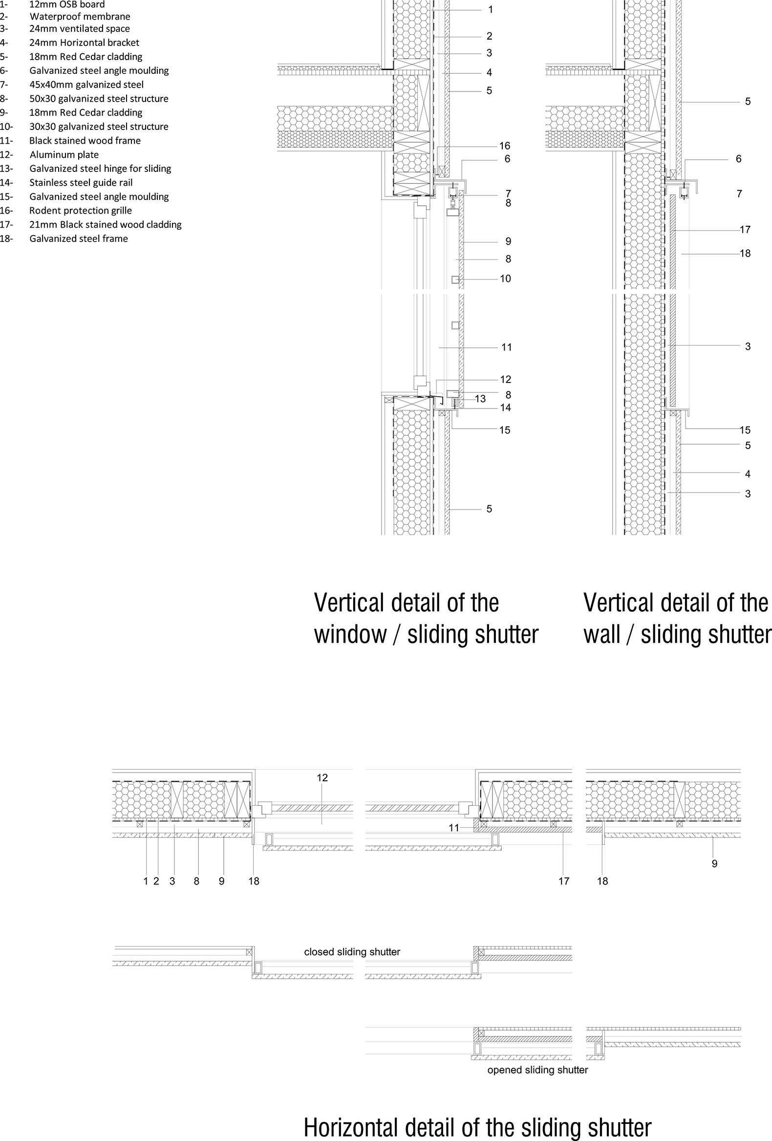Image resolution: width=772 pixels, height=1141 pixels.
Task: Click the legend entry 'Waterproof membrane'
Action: (x=80, y=16)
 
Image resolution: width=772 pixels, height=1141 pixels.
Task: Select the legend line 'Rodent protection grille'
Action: (x=81, y=211)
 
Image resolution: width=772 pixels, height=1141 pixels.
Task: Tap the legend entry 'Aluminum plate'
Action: (x=64, y=154)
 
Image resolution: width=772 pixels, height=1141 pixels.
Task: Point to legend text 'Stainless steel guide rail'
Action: (x=81, y=183)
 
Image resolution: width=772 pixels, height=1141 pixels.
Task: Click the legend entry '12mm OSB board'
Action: (x=67, y=4)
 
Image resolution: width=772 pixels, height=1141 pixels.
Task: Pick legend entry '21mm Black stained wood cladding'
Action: (x=106, y=225)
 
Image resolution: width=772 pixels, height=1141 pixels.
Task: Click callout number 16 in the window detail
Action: (x=505, y=146)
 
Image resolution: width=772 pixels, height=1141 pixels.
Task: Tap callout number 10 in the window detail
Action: (x=506, y=279)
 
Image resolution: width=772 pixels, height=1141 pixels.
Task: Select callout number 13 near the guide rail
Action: (x=480, y=399)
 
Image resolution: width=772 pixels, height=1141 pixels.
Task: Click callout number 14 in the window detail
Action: (x=506, y=408)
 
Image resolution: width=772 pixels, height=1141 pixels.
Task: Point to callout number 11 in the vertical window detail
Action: (x=507, y=347)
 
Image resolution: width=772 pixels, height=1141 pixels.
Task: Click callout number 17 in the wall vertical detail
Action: (x=745, y=229)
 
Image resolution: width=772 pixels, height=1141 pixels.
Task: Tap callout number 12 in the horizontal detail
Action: (x=322, y=777)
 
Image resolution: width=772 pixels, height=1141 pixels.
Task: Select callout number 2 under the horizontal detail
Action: (x=156, y=881)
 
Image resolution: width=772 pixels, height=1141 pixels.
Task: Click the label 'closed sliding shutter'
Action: (x=352, y=952)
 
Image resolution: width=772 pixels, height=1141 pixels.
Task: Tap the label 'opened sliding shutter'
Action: (x=537, y=1070)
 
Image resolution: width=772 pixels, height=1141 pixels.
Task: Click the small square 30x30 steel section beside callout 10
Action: (x=455, y=280)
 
